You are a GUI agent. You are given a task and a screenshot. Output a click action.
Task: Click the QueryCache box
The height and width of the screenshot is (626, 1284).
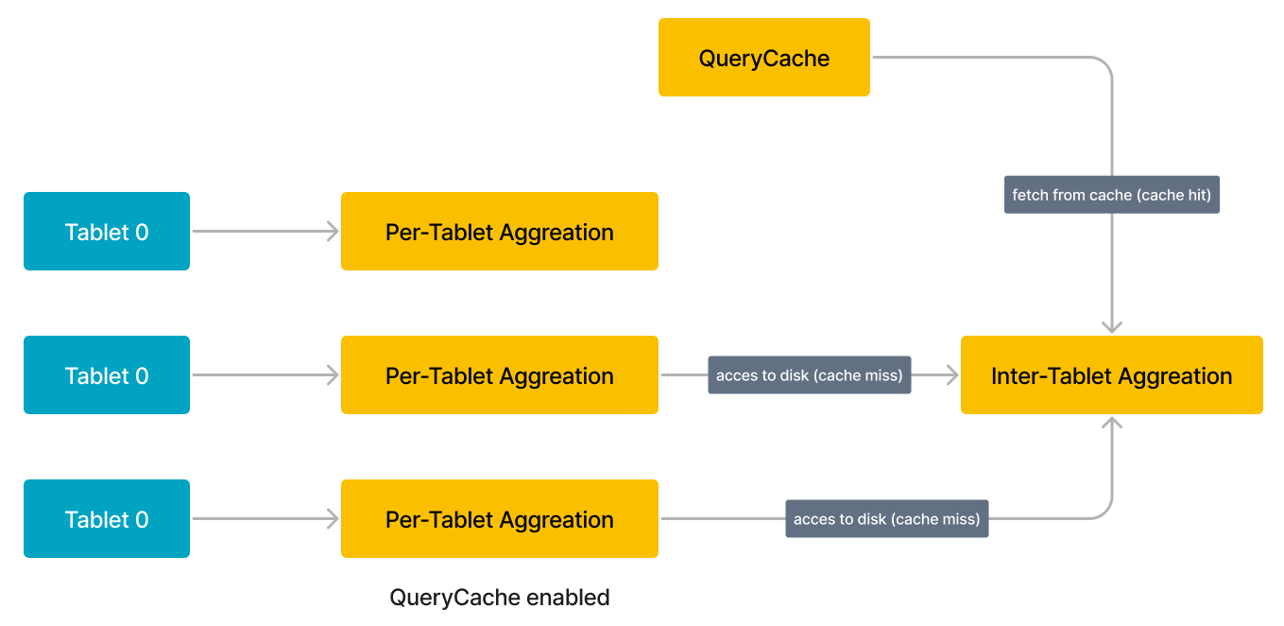pos(763,58)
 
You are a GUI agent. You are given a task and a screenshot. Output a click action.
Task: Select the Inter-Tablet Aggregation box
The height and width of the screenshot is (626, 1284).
pos(1111,375)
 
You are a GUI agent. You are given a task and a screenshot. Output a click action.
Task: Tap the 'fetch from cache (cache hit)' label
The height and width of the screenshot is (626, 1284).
pos(1111,195)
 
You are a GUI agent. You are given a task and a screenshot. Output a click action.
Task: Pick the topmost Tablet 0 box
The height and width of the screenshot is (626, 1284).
pos(107,232)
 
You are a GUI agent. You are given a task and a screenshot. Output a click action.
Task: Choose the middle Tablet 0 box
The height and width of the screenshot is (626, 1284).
pos(107,375)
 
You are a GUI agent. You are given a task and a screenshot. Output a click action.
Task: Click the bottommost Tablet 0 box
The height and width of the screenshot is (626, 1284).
pos(107,519)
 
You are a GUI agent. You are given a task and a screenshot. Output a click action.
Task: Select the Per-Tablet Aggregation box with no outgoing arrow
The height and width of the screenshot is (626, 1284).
pos(499,232)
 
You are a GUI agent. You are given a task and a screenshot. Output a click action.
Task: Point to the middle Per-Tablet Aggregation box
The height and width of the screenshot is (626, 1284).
pos(499,375)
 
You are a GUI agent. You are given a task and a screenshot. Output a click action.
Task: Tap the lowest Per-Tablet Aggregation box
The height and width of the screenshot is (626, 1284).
pos(499,519)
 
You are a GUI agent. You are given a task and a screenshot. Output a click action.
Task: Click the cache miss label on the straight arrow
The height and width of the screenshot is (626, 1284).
pos(809,375)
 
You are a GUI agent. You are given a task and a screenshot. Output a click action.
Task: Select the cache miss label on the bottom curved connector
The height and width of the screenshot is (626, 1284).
pos(886,519)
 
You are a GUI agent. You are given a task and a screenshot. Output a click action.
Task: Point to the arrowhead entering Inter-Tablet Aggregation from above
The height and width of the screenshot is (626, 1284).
pos(1112,326)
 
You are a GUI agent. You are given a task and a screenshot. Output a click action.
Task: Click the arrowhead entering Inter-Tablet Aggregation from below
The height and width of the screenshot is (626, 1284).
pos(1112,424)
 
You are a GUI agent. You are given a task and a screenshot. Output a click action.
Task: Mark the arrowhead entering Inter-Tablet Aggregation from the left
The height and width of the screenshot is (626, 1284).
pos(951,375)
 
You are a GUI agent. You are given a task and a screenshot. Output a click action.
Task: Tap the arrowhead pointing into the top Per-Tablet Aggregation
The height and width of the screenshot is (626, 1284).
pos(333,232)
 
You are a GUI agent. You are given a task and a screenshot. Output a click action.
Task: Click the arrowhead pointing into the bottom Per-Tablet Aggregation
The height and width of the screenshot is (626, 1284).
pos(333,519)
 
